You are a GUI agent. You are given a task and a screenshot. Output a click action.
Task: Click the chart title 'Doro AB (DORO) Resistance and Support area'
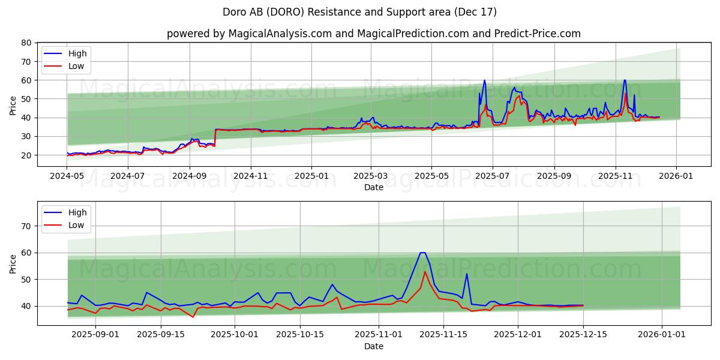(359, 12)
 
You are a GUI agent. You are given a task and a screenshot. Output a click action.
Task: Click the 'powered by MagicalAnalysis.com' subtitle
(373, 34)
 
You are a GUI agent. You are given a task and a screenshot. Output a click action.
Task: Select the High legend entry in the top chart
(77, 53)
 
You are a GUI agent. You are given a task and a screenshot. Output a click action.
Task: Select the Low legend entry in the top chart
(76, 66)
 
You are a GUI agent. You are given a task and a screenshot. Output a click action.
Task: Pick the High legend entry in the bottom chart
(77, 212)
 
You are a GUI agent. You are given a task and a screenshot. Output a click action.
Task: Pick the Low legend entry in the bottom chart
(76, 225)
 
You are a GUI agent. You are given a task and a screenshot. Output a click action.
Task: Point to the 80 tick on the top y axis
(26, 43)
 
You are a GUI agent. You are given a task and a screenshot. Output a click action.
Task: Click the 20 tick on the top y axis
(26, 155)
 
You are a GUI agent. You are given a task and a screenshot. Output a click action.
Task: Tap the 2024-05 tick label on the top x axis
(67, 176)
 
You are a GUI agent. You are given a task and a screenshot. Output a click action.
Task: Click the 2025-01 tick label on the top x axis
(311, 176)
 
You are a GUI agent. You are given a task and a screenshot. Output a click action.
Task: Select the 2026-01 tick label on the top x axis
(676, 176)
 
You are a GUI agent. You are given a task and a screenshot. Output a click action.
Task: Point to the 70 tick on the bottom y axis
(26, 226)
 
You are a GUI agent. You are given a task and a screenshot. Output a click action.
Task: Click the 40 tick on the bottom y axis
(26, 306)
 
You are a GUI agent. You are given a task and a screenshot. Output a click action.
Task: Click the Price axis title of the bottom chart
(13, 263)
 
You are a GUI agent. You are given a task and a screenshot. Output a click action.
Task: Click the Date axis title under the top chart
(373, 187)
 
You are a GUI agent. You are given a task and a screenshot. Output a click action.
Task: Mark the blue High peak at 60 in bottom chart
(422, 253)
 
